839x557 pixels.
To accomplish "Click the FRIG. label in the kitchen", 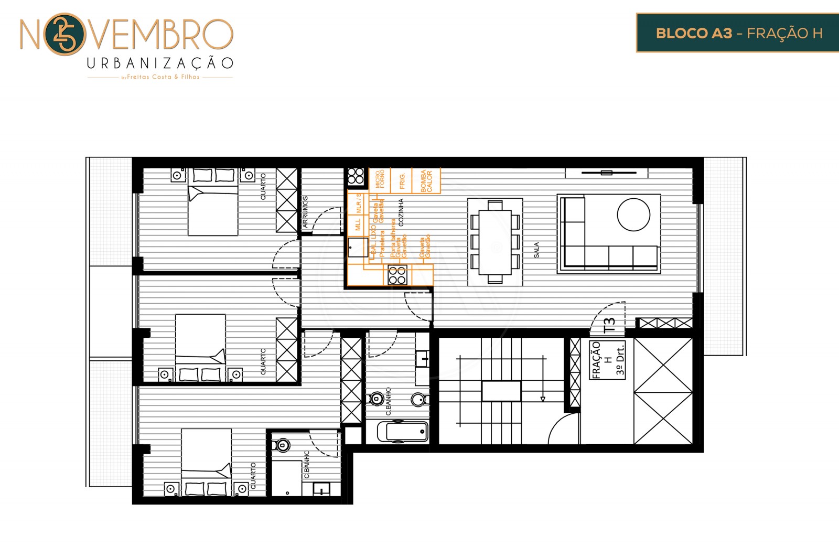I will tap(402, 181).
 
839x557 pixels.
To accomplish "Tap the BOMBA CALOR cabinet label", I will tap(426, 181).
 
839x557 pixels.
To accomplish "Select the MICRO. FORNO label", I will tap(380, 179).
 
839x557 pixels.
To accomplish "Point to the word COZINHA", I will tap(401, 212).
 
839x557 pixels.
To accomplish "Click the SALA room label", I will tap(536, 250).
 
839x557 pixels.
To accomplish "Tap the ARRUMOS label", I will tap(305, 212).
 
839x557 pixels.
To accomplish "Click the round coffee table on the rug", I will tap(633, 215).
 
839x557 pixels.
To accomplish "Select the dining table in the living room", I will tap(495, 242).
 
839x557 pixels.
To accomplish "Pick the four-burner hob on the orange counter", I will tap(397, 275).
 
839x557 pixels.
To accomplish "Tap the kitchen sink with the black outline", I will tap(358, 247).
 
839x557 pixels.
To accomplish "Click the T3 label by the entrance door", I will tap(609, 325).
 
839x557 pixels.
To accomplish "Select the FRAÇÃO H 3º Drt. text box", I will tap(608, 360).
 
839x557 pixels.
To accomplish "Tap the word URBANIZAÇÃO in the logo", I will tap(160, 63).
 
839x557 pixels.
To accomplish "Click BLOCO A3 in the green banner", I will tap(694, 34).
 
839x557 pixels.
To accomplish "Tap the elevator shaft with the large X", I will tap(663, 391).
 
